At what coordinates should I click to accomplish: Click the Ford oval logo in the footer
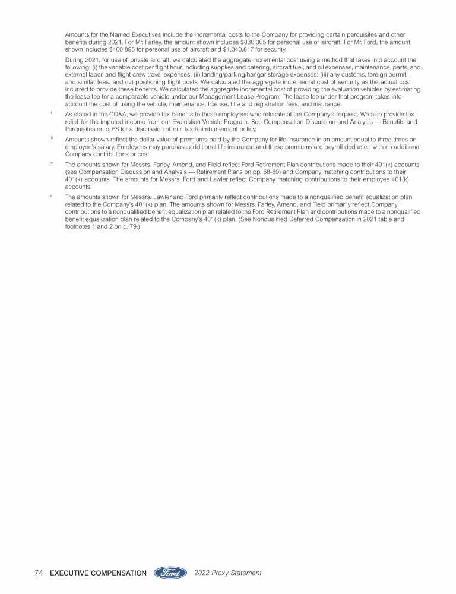coord(171,573)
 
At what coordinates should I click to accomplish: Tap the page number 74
coord(39,573)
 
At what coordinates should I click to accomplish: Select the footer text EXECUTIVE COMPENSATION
coord(99,573)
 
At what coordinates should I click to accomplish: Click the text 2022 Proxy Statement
coord(227,573)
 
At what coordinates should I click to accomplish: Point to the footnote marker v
coord(50,194)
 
